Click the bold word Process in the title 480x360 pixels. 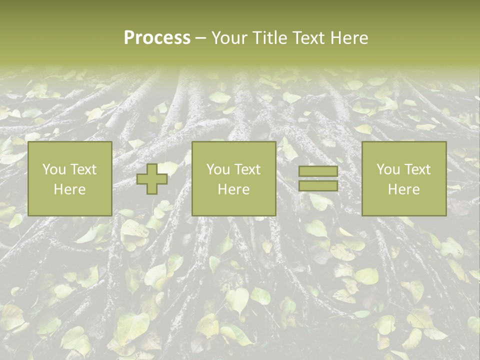pos(157,38)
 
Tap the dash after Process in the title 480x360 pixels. pos(200,38)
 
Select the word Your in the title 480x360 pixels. pos(227,38)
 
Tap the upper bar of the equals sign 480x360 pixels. pos(318,171)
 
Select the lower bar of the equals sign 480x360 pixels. pos(318,186)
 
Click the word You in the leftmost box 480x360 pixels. pos(53,169)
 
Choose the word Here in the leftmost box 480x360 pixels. pos(69,189)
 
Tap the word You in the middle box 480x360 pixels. pos(217,169)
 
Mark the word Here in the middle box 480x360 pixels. pos(233,189)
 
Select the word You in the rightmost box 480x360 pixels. pos(387,169)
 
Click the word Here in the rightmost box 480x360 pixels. pos(403,189)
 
